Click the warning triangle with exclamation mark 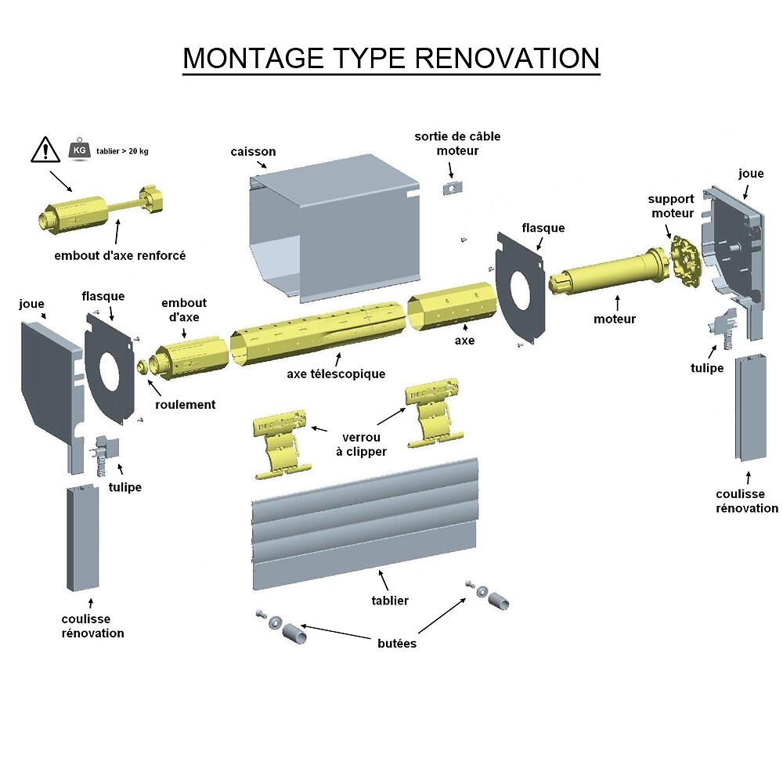(x=46, y=149)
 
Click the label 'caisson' (x=253, y=151)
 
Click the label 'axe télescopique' (x=336, y=373)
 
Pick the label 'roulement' (x=185, y=404)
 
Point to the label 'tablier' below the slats (x=389, y=601)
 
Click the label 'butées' (x=396, y=643)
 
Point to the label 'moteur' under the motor (x=615, y=319)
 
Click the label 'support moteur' (x=671, y=206)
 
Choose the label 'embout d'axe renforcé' (x=120, y=255)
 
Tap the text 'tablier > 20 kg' (x=121, y=149)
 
